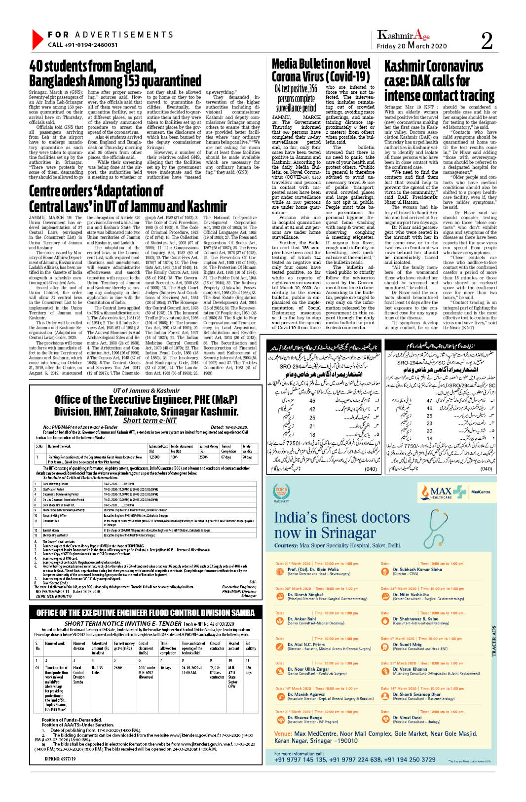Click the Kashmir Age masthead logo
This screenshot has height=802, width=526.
tap(403, 35)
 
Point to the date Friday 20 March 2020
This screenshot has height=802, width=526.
tap(412, 46)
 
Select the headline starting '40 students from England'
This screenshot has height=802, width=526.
tap(115, 73)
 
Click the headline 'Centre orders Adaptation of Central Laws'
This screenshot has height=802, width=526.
tap(128, 198)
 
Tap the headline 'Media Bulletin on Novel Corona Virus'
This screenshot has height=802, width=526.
tap(321, 70)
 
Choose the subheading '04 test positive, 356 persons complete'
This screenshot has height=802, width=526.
tap(296, 98)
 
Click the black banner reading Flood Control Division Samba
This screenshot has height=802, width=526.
tap(146, 612)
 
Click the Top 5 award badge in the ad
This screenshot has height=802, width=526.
tap(281, 492)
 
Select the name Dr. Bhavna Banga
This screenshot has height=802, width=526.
tap(304, 718)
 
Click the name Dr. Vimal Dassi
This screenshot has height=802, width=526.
tap(407, 718)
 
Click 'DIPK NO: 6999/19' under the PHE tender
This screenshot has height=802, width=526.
tap(54, 596)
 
